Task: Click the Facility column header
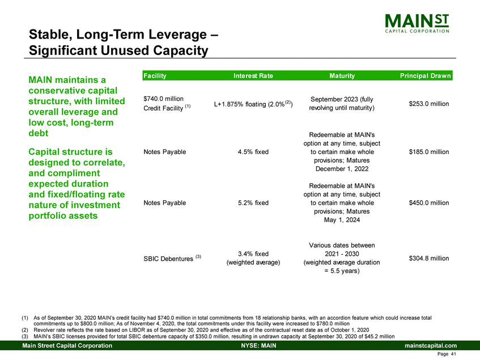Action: (155, 75)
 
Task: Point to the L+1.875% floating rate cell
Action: (253, 104)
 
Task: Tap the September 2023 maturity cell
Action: (342, 104)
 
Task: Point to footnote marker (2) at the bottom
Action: (24, 329)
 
